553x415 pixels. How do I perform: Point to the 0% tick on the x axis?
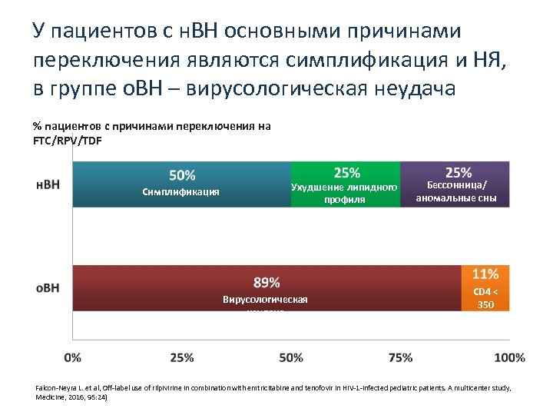72,357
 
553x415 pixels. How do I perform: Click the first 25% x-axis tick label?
181,357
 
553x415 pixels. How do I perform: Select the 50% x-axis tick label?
291,357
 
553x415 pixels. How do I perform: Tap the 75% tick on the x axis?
400,357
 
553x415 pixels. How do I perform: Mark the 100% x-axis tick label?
509,357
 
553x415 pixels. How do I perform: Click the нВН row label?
48,185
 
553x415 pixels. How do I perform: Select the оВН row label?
48,288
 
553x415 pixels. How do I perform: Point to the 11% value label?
485,274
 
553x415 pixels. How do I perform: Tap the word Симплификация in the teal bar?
181,192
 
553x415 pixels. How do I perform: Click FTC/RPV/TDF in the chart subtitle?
67,141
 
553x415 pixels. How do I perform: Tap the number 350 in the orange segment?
485,305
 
